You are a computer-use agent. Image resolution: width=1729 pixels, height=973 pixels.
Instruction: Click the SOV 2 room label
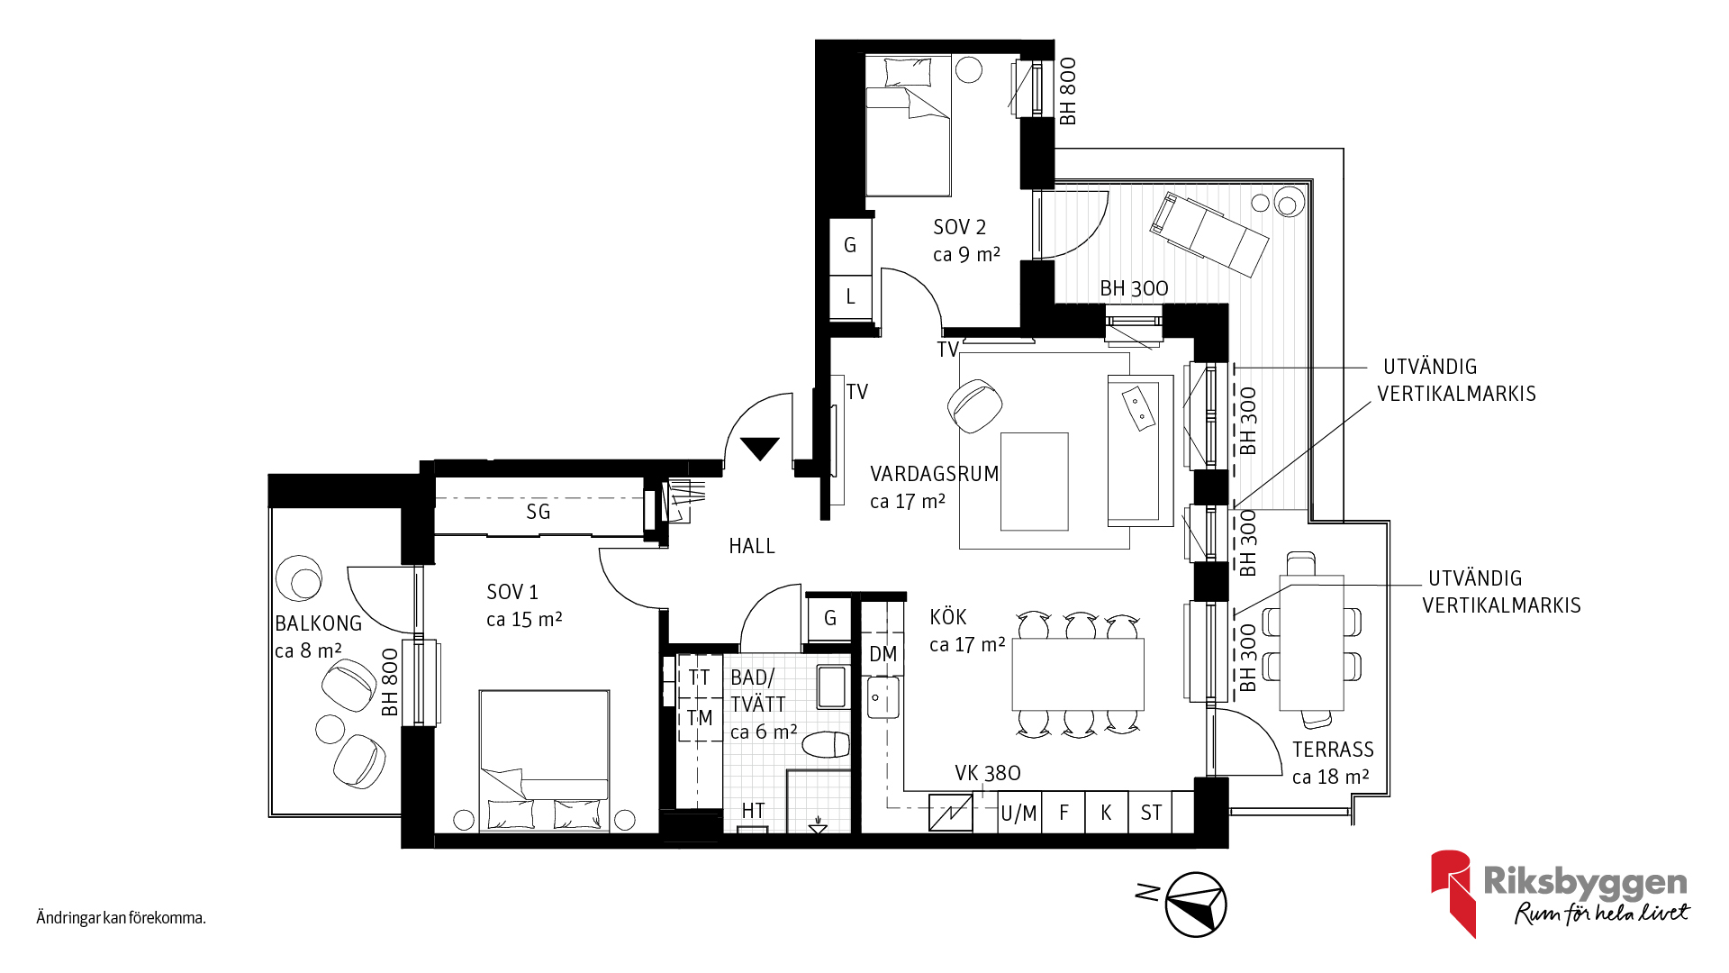coord(959,227)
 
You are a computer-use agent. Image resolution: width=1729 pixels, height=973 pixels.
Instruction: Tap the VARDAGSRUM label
coord(935,474)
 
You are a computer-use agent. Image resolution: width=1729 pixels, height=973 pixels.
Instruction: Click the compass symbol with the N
coord(1196,904)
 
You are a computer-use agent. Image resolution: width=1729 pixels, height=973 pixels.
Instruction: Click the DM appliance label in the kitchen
coord(883,654)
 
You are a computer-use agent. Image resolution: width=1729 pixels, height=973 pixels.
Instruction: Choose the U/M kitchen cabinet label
coord(1018,814)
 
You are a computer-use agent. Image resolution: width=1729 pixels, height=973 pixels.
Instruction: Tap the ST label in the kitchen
coord(1151,813)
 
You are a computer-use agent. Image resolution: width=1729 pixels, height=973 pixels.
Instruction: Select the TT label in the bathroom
coord(700,677)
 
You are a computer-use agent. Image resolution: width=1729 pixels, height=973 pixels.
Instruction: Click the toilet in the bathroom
coord(826,745)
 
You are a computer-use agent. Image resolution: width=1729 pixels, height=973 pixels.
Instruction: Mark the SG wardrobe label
coord(539,512)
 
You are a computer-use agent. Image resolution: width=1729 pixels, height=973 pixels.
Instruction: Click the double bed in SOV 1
coord(544,761)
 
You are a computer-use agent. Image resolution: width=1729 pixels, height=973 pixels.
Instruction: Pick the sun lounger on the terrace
coord(1209,233)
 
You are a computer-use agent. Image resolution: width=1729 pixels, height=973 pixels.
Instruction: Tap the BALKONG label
coord(318,623)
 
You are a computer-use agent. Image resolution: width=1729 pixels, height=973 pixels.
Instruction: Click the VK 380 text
coord(988,773)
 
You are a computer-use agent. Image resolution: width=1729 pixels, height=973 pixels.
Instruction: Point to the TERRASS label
coord(1333,750)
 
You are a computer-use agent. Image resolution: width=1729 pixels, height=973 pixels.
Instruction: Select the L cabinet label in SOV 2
coord(850,296)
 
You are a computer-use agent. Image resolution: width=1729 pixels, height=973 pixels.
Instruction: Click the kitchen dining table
coord(1078,674)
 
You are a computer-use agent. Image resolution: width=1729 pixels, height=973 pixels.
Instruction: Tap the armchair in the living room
coord(974,405)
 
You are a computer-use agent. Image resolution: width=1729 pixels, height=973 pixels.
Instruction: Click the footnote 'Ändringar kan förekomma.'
coord(122,918)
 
